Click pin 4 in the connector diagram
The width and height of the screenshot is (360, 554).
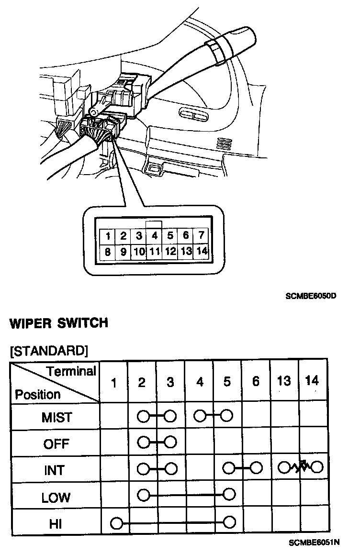(x=155, y=235)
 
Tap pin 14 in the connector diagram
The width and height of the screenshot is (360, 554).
(x=202, y=251)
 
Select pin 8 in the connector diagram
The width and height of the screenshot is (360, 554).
(x=108, y=251)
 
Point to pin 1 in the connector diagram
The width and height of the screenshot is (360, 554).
(x=109, y=235)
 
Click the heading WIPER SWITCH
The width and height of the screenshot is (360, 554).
(x=59, y=323)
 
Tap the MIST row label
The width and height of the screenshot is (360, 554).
(x=56, y=417)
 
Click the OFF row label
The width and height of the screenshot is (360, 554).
(x=56, y=444)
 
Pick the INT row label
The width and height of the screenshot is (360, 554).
(x=55, y=470)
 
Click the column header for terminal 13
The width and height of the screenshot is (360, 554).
(x=284, y=381)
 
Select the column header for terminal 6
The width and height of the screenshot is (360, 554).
(x=256, y=381)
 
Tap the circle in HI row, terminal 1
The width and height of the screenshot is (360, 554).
(x=115, y=523)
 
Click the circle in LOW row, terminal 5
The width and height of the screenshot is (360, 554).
(x=229, y=493)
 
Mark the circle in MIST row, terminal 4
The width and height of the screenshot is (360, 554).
(x=199, y=415)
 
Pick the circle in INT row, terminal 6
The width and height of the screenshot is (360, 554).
(x=256, y=466)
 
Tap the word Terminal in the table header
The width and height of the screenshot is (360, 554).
(x=71, y=371)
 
